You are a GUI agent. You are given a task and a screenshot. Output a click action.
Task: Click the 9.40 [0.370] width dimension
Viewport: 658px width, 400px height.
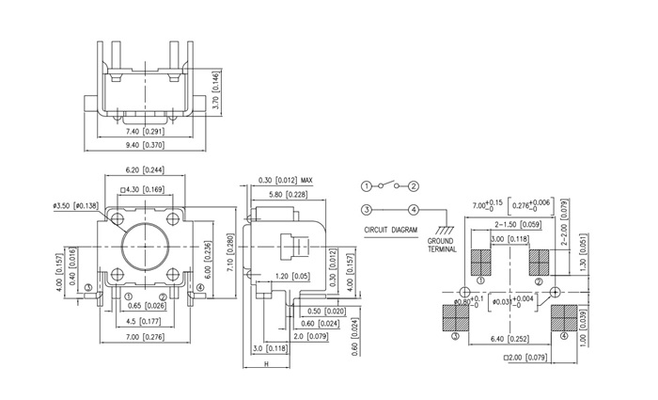pos(145,145)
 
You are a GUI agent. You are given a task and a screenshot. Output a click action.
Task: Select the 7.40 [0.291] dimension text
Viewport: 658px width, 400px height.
pos(145,132)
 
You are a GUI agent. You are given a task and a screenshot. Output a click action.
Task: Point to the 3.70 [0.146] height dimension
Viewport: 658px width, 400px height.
pos(216,90)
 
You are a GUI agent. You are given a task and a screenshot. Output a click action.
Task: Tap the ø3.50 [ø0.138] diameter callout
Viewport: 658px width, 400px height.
pos(76,206)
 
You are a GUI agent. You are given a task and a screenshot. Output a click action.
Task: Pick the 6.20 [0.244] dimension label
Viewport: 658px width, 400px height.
pos(145,170)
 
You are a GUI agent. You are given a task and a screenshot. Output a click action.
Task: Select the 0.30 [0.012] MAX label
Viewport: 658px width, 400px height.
pos(286,181)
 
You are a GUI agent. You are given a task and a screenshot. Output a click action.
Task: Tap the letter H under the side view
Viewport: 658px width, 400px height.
pos(266,364)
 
